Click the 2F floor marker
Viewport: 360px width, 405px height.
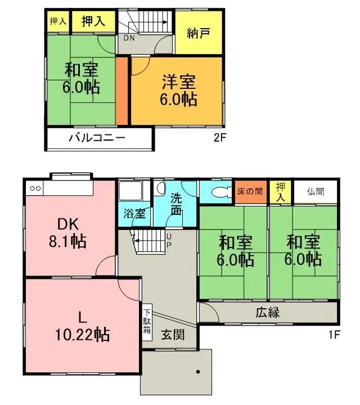[x=220, y=137]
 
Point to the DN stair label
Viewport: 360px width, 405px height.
[x=129, y=38]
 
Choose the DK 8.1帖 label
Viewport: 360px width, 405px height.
[x=66, y=233]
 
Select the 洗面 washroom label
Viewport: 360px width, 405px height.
[x=176, y=204]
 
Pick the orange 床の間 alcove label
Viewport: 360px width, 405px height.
[x=249, y=191]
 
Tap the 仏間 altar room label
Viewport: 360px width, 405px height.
[x=316, y=191]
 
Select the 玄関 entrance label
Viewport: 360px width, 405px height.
[x=172, y=335]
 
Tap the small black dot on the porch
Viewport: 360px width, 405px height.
[x=198, y=372]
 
